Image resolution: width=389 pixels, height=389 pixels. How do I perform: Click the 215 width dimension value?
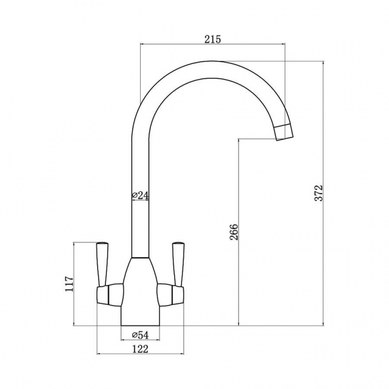coord(212,39)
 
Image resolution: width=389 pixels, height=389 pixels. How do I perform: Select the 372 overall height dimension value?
coord(319,193)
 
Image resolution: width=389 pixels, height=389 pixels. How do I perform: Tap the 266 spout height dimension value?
coord(234,232)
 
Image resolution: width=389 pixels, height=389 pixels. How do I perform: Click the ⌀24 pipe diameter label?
coord(139,196)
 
